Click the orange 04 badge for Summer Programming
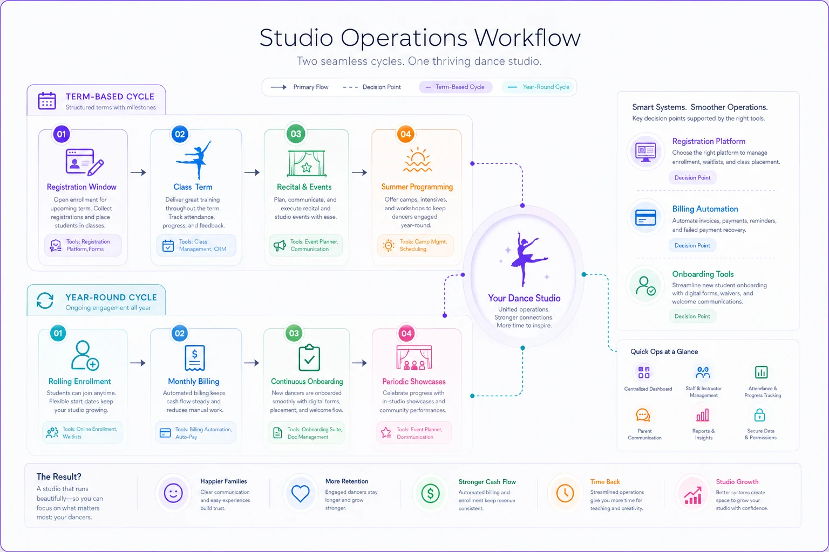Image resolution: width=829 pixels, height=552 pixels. pyautogui.click(x=406, y=134)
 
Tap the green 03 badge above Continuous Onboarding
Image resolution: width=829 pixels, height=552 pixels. pyautogui.click(x=294, y=333)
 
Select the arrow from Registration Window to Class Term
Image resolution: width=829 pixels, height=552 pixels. pyautogui.click(x=138, y=172)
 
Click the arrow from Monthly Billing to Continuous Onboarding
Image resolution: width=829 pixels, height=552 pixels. pyautogui.click(x=252, y=363)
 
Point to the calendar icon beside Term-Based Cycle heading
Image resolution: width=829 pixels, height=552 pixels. pyautogui.click(x=47, y=101)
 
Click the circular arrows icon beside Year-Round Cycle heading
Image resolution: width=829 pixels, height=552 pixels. pyautogui.click(x=45, y=300)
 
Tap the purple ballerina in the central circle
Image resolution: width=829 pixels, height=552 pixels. pyautogui.click(x=526, y=259)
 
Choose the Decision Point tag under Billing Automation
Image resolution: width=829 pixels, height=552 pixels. pyautogui.click(x=692, y=245)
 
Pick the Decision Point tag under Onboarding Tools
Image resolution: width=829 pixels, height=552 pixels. pyautogui.click(x=692, y=316)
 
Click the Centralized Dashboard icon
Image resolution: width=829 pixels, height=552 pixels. pyautogui.click(x=644, y=372)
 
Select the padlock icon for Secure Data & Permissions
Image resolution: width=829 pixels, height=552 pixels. pyautogui.click(x=759, y=415)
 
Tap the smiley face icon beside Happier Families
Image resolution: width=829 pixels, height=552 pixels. pyautogui.click(x=173, y=493)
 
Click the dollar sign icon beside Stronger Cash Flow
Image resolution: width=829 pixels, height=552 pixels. pyautogui.click(x=430, y=493)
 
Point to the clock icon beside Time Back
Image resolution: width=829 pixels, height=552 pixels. pyautogui.click(x=565, y=493)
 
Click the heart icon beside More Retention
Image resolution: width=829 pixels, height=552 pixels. pyautogui.click(x=300, y=493)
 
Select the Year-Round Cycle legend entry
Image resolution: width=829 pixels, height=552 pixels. pyautogui.click(x=538, y=87)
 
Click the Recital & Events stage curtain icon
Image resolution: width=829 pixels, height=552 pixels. pyautogui.click(x=307, y=163)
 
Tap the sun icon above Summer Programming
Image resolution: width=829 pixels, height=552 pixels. pyautogui.click(x=417, y=160)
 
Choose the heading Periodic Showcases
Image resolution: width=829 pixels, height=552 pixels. pyautogui.click(x=414, y=382)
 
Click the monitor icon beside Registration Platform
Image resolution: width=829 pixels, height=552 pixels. pyautogui.click(x=645, y=152)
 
